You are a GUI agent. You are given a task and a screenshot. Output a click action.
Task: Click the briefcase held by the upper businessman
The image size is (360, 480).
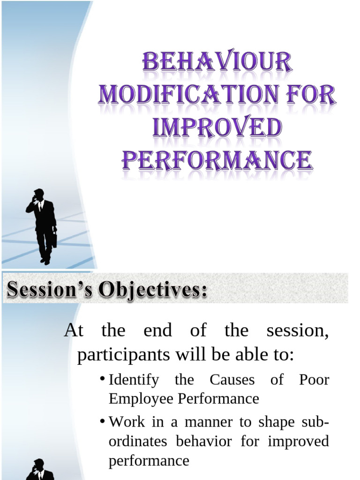pyautogui.click(x=54, y=240)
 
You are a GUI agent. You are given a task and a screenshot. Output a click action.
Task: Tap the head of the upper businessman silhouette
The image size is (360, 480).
pyautogui.click(x=39, y=194)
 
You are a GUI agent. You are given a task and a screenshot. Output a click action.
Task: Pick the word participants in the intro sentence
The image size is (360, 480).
pyautogui.click(x=123, y=355)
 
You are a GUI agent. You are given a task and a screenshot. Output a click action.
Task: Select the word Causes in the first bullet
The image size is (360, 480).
pyautogui.click(x=232, y=380)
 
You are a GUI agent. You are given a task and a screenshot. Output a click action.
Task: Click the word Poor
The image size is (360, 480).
pyautogui.click(x=314, y=380)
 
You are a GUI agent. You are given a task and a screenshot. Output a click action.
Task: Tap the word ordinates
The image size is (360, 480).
pyautogui.click(x=139, y=442)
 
